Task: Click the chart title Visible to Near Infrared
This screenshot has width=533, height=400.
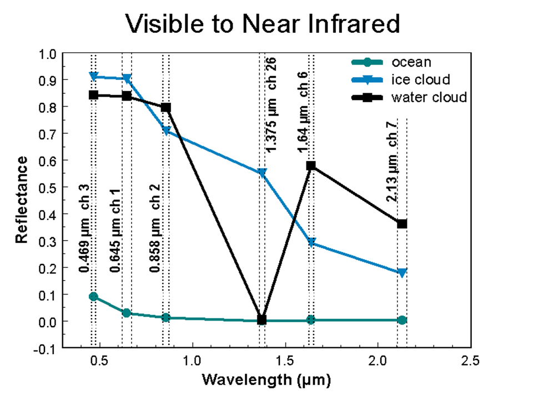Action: coord(263,24)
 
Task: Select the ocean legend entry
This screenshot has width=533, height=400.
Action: coord(411,62)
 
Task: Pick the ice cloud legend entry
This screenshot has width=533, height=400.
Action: coord(420,79)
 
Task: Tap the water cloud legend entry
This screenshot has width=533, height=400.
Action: coord(429,97)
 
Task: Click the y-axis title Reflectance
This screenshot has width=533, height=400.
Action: coord(22,199)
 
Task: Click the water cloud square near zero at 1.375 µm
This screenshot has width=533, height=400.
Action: coord(262,319)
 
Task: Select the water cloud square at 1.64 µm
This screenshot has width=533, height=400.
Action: coord(311,166)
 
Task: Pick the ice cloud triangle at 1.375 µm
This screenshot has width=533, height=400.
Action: coord(262,173)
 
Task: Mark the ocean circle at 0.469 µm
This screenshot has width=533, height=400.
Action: coord(94,297)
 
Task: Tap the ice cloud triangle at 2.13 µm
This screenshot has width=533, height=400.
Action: coord(402,273)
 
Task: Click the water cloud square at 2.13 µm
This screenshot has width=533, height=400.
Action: coord(402,224)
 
